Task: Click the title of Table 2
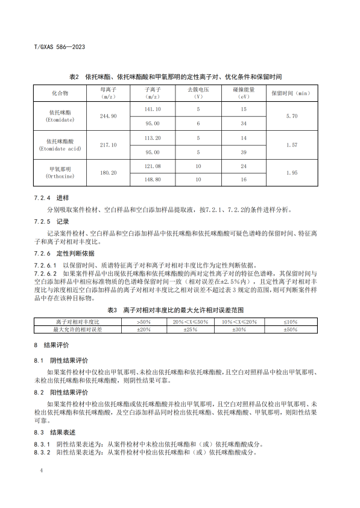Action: [175, 77]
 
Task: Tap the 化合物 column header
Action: [60, 94]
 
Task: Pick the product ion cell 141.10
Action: [152, 109]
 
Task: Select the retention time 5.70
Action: [292, 116]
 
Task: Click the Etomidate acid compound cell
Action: [60, 145]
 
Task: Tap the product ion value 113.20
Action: [152, 138]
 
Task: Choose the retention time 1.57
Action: [292, 145]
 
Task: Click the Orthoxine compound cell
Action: [60, 173]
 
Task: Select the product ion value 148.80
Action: [152, 180]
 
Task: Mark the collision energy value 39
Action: [244, 152]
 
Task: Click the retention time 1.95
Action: [292, 173]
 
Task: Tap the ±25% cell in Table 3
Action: [190, 330]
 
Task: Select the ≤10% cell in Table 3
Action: [291, 322]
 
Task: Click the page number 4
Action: [41, 468]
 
